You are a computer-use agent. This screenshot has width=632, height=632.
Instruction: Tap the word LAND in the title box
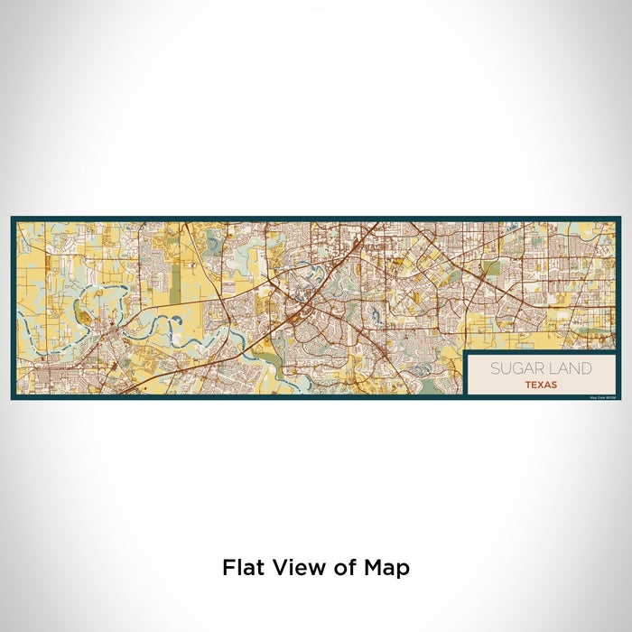pyautogui.click(x=572, y=368)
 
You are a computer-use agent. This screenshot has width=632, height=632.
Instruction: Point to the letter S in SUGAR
pyautogui.click(x=495, y=368)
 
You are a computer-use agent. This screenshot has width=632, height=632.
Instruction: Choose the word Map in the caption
pyautogui.click(x=387, y=569)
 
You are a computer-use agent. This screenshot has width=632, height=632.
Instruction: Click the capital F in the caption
pyautogui.click(x=228, y=568)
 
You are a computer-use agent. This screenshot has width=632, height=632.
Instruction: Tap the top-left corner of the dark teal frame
pyautogui.click(x=13, y=218)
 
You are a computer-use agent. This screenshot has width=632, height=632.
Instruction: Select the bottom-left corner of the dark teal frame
pyautogui.click(x=13, y=397)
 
